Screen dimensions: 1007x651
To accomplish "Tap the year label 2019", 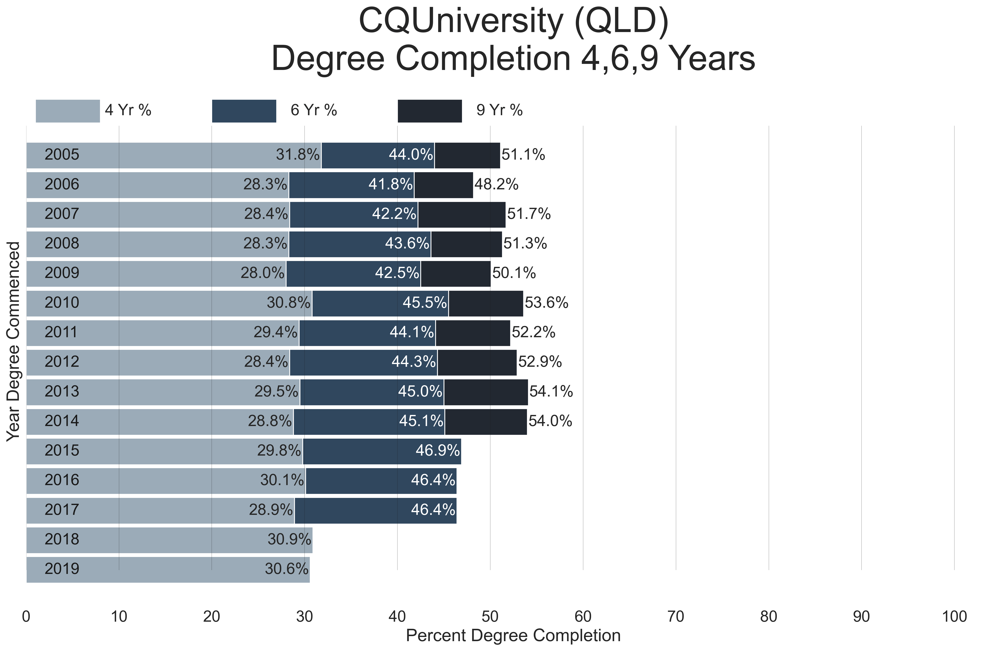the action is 62,568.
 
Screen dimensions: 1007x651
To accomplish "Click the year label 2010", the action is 62,303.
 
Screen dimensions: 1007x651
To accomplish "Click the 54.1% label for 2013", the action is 551,391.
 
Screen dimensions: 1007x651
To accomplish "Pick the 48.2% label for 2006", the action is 496,184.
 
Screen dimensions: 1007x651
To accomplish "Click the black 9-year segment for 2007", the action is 462,214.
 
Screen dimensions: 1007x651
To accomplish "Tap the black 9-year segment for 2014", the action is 486,421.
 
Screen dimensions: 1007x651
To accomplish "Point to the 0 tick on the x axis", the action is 26,617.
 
